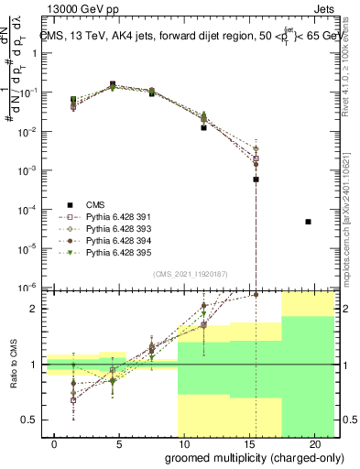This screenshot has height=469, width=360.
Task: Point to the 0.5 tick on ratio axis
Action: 30,420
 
